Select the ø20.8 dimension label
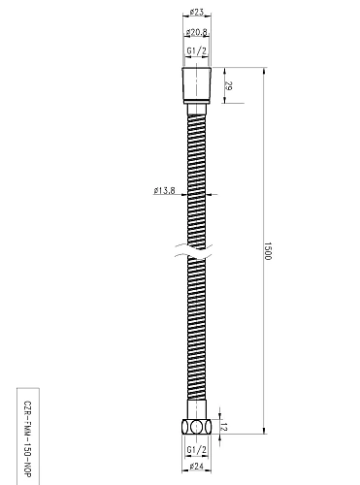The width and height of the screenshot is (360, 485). tap(196, 34)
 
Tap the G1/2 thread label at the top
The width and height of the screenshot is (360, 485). tap(196, 52)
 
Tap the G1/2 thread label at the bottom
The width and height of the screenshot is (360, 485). tap(197, 450)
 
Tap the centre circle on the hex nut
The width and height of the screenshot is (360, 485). tap(198, 428)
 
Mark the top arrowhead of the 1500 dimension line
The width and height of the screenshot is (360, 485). tap(268, 70)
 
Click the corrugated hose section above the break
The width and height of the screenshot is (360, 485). tap(197, 175)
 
